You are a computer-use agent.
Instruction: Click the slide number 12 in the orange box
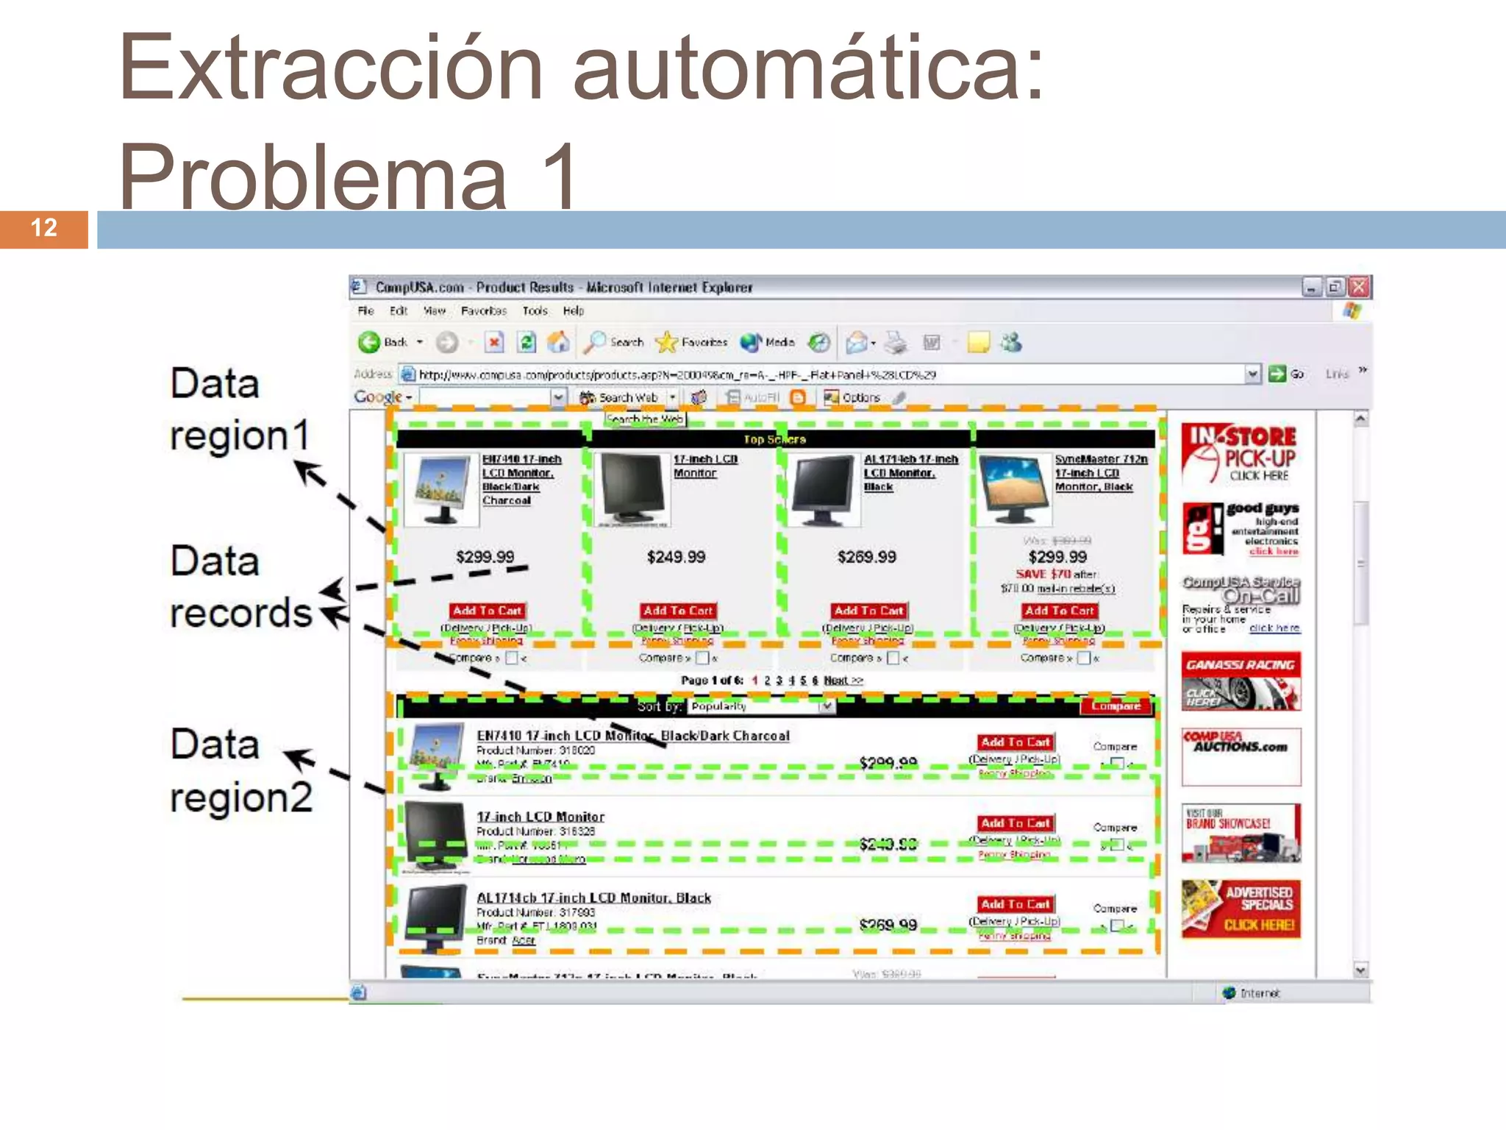click(x=44, y=228)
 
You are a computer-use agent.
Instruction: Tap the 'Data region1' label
click(x=239, y=409)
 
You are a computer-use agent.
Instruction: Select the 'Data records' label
click(x=240, y=586)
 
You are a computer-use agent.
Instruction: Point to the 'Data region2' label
click(x=240, y=770)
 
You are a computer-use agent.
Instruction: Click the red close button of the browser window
click(x=1359, y=287)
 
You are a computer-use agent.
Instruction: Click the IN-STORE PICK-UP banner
click(x=1241, y=454)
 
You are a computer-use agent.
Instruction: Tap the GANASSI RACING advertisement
click(x=1241, y=681)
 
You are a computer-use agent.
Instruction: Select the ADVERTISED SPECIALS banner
click(x=1241, y=909)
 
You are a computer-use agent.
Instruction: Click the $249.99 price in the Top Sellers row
click(x=676, y=557)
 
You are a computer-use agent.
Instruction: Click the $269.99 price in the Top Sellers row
click(x=866, y=557)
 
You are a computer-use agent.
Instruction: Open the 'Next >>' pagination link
click(x=843, y=681)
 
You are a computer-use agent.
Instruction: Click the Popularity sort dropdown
click(x=762, y=706)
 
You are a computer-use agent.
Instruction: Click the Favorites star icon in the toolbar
click(x=666, y=342)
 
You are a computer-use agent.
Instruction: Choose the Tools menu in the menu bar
click(x=535, y=311)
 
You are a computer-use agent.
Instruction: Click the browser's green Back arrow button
click(x=369, y=342)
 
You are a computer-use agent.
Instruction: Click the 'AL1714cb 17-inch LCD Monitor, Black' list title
click(x=593, y=898)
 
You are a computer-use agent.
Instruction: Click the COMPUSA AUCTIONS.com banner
click(x=1241, y=756)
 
